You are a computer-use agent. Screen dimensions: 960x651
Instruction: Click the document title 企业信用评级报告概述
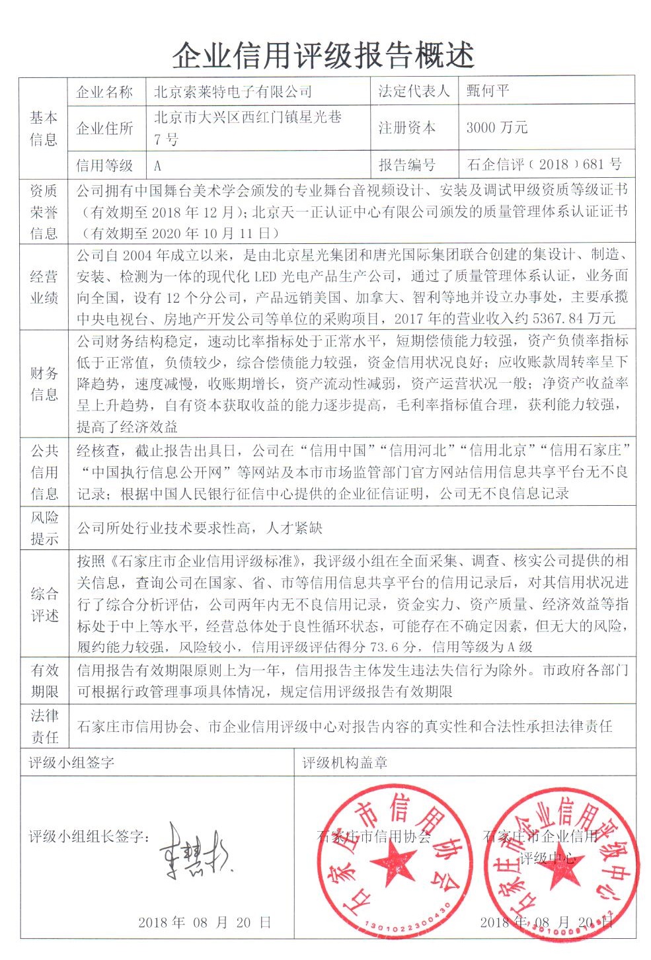tap(324, 56)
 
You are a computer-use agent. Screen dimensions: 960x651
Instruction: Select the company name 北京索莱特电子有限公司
tap(233, 92)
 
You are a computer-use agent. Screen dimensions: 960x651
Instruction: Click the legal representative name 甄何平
tap(488, 91)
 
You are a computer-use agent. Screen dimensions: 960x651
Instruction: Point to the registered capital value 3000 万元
tap(496, 128)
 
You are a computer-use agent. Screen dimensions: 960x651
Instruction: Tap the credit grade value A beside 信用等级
tap(157, 165)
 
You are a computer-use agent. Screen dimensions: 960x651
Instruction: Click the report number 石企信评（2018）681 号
tap(544, 164)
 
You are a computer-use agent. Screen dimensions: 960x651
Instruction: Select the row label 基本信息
tap(44, 128)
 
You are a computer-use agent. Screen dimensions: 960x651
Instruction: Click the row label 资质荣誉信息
tap(44, 212)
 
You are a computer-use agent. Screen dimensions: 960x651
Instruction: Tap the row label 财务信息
tap(44, 384)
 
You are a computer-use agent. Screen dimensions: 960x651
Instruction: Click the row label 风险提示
tap(44, 527)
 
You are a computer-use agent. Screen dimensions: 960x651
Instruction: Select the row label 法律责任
tap(44, 725)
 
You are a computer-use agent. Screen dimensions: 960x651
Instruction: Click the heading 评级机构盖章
tap(345, 762)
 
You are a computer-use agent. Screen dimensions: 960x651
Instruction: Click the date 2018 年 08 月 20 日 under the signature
tap(205, 922)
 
